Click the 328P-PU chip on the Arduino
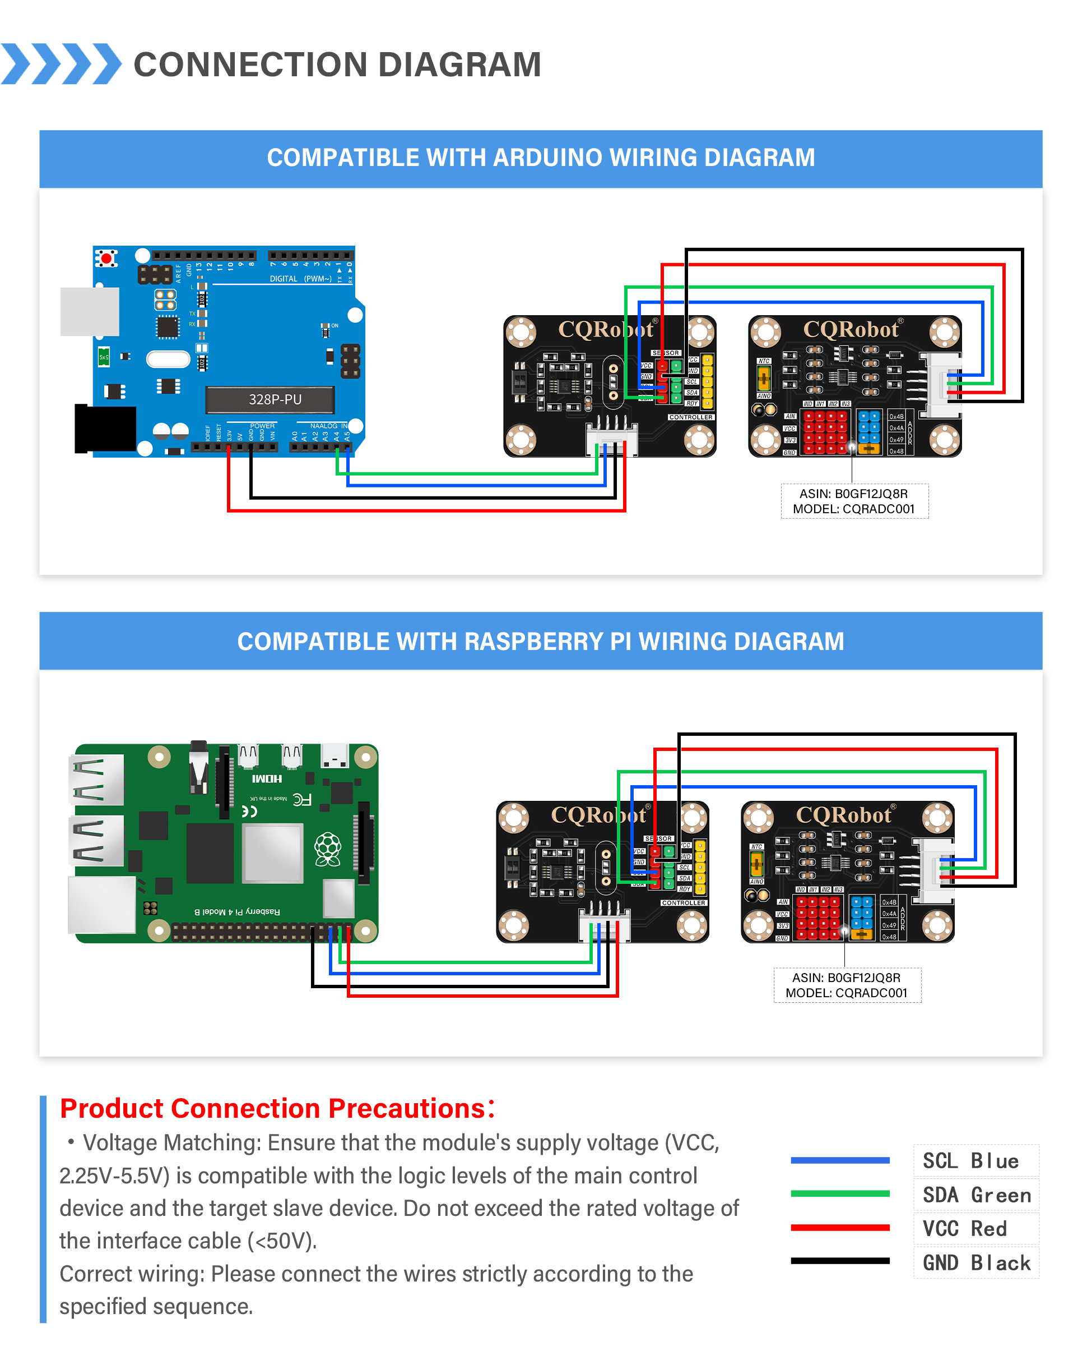point(270,399)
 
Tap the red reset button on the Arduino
point(106,259)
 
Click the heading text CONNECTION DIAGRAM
point(337,64)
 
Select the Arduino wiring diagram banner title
point(541,158)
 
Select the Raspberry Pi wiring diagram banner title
point(541,642)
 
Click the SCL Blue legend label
point(970,1161)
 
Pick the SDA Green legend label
point(976,1195)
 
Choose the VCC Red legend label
point(964,1229)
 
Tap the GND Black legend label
point(976,1263)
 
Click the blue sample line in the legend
point(839,1160)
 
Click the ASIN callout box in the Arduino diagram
point(854,501)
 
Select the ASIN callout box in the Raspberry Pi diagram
point(847,985)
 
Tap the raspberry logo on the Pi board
point(328,849)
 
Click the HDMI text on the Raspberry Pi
point(267,778)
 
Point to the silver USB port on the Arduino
point(90,311)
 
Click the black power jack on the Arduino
point(105,428)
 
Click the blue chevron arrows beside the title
point(61,64)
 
